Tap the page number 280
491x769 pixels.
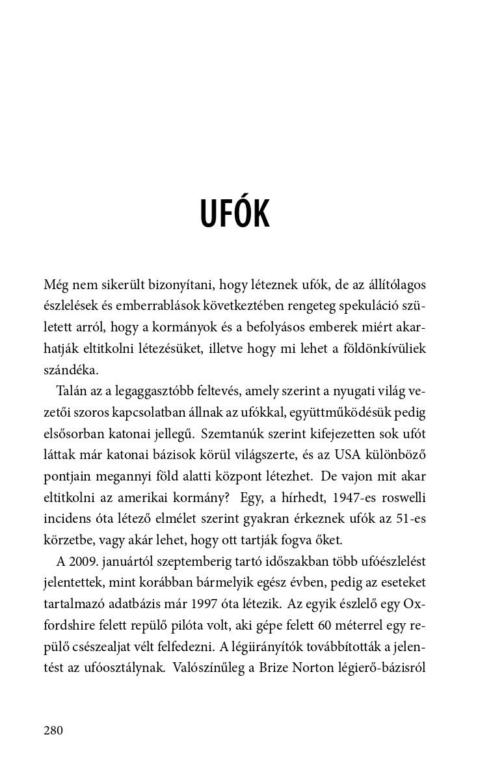coord(53,730)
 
